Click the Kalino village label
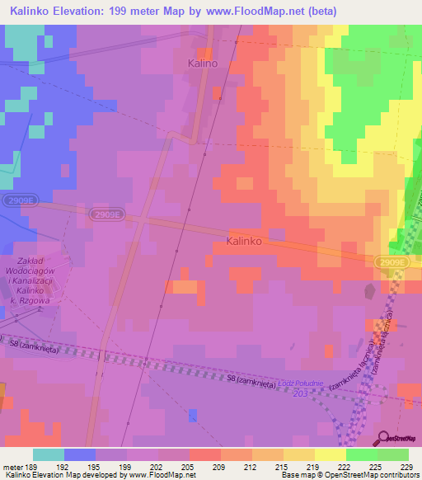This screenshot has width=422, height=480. point(202,63)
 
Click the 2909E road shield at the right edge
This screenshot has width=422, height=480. point(394,261)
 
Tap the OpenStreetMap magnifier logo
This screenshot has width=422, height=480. point(382,438)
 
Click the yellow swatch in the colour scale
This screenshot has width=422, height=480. point(330,454)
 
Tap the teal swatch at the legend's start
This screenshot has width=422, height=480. point(49,454)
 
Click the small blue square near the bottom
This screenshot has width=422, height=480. point(193,415)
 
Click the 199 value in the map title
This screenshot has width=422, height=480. point(145,12)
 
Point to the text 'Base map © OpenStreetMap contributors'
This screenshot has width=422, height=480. point(349,475)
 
